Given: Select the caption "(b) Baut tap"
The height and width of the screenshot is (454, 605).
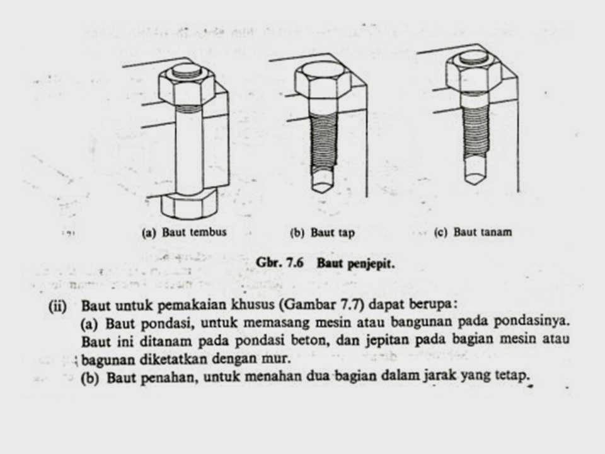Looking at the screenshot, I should (x=322, y=233).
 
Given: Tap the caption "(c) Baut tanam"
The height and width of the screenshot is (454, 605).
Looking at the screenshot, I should (x=473, y=232).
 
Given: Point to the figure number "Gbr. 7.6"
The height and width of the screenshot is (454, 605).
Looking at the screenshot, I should (x=281, y=264).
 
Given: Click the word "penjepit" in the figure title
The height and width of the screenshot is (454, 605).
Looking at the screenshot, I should (x=373, y=264).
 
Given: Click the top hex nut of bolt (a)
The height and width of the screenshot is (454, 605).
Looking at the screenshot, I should (x=187, y=87).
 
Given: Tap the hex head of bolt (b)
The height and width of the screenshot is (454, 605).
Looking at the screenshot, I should (x=323, y=80).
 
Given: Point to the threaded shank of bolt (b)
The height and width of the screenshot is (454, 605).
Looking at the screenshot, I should (x=322, y=139).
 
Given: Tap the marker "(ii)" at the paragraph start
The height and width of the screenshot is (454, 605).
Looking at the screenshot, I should (x=60, y=306).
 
